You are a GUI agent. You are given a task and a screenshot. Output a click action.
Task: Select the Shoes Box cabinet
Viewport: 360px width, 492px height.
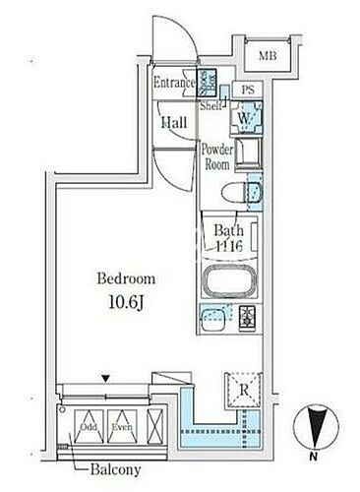pos(208,83)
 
